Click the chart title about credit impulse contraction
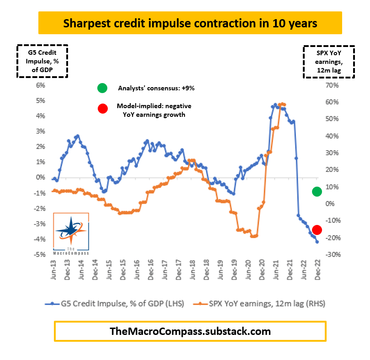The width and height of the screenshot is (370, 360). pos(190,23)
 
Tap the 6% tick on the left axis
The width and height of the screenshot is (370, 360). pos(40,85)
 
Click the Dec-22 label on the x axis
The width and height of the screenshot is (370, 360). pos(317,272)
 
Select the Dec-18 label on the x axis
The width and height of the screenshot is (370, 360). pos(206,272)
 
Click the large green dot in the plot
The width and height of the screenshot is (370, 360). pos(317,192)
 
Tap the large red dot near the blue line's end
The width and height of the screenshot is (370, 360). pos(317,230)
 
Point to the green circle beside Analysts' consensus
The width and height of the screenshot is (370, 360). pos(102,88)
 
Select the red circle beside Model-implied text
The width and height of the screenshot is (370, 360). pos(102,109)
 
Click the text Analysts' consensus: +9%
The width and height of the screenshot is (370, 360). pos(150,88)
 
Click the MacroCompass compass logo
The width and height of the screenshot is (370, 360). pos(71,233)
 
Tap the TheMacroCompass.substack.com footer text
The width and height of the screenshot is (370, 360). pos(190,331)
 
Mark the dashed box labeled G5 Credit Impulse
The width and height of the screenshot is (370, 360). pos(42,60)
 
